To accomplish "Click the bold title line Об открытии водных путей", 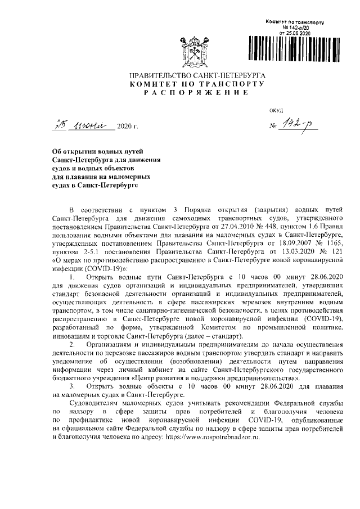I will [97, 152].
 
